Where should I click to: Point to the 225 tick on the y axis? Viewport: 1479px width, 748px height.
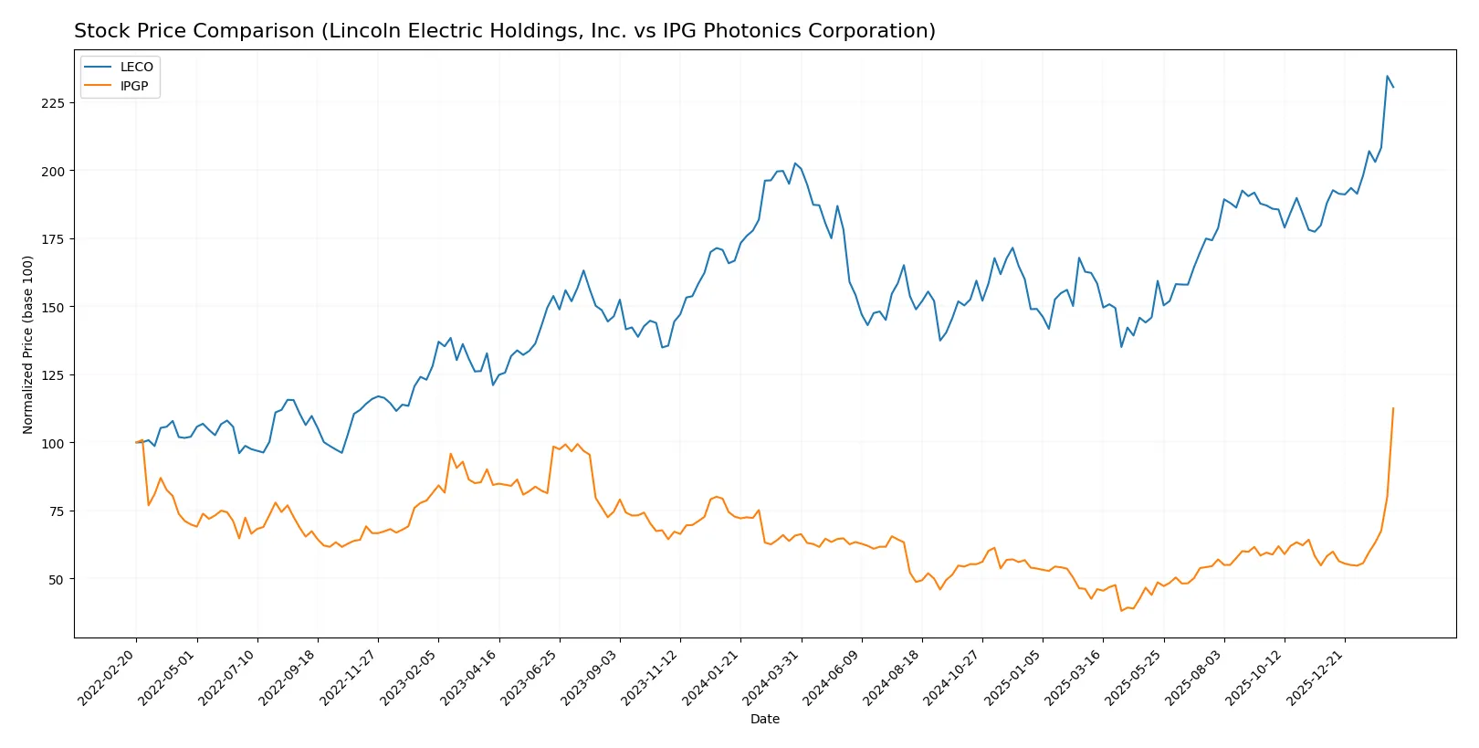[53, 103]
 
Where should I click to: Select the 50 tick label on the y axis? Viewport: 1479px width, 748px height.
[57, 580]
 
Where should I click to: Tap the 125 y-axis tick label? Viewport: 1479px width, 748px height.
[53, 375]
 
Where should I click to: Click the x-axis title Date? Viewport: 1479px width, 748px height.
[764, 720]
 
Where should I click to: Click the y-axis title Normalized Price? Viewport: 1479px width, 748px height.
[28, 344]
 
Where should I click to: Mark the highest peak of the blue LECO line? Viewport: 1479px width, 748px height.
[1387, 76]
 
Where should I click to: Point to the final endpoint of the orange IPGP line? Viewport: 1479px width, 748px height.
[1393, 408]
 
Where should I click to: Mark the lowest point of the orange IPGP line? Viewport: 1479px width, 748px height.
[1121, 610]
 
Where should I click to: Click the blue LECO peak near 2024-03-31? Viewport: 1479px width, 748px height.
[794, 163]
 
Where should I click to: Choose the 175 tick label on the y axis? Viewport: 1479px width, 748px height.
[53, 239]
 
